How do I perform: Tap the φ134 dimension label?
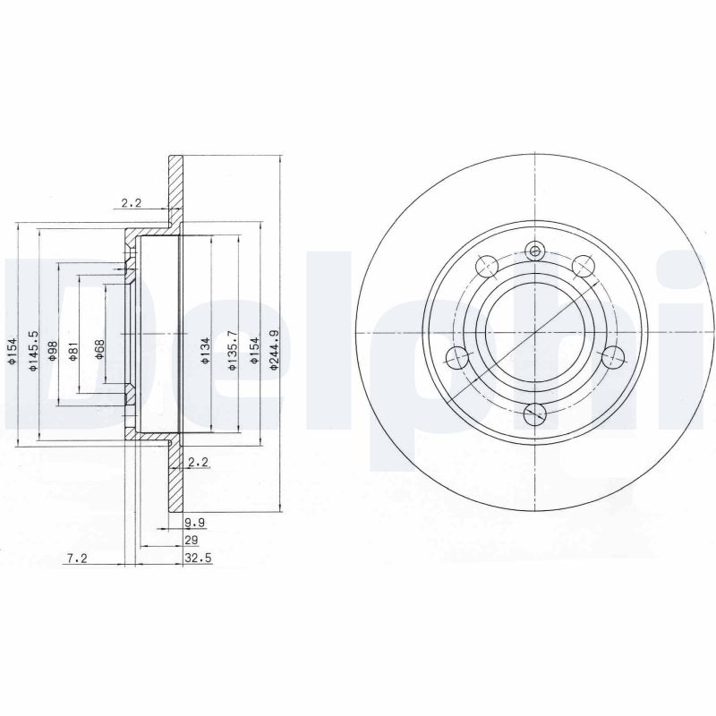click(x=206, y=352)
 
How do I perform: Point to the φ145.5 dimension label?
click(x=33, y=353)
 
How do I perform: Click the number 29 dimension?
click(x=191, y=540)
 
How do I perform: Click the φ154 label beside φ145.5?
click(x=13, y=354)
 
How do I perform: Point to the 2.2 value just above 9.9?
click(x=198, y=462)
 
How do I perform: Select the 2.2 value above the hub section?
click(x=131, y=202)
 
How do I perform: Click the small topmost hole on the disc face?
click(x=535, y=251)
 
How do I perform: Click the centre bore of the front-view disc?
click(x=534, y=332)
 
